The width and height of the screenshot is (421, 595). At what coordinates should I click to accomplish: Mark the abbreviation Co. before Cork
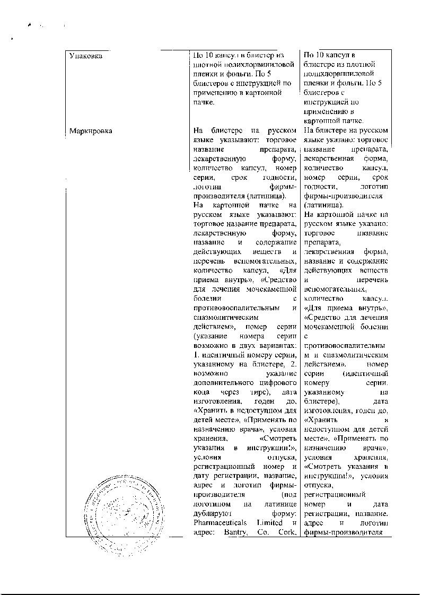coord(263,532)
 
